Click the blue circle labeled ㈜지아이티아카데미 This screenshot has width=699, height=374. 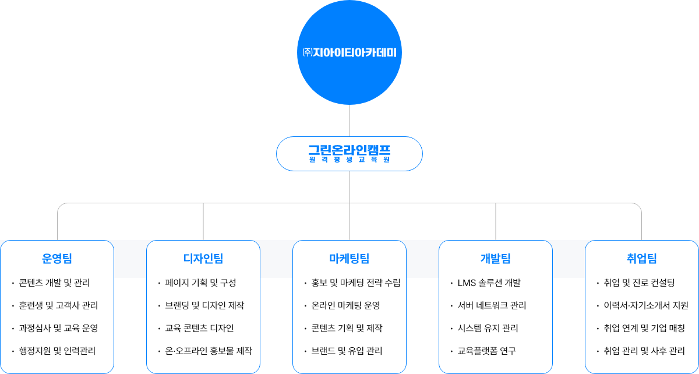tap(349, 52)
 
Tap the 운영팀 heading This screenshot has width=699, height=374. tap(57, 259)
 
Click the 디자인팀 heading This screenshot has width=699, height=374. tap(203, 259)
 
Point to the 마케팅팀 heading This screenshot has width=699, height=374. tap(349, 259)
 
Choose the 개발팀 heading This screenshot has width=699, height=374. tap(496, 259)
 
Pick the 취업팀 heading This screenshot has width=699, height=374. tap(642, 259)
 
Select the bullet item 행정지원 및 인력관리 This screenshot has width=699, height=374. tap(57, 351)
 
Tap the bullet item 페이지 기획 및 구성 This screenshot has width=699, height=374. tap(200, 283)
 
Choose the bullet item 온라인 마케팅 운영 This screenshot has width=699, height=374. tap(346, 306)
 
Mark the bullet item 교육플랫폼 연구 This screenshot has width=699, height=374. tap(487, 351)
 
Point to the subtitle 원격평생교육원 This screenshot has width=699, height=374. tap(349, 159)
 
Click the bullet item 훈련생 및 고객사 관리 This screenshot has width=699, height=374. tap(58, 306)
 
